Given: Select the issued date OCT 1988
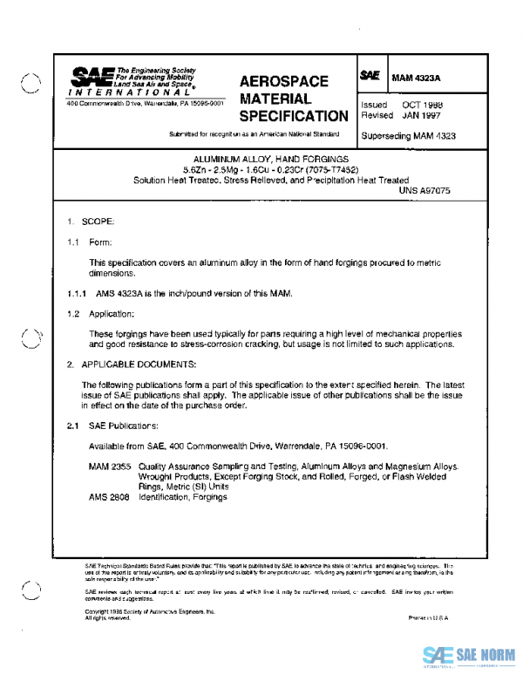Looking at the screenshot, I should [x=421, y=105].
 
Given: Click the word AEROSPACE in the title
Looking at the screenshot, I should [x=283, y=81].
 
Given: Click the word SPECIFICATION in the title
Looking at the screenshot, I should [x=293, y=116].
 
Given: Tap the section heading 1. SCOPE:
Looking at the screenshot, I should [x=91, y=222].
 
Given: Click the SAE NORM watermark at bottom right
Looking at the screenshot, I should [x=468, y=655].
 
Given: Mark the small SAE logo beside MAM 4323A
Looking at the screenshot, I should [x=370, y=77].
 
